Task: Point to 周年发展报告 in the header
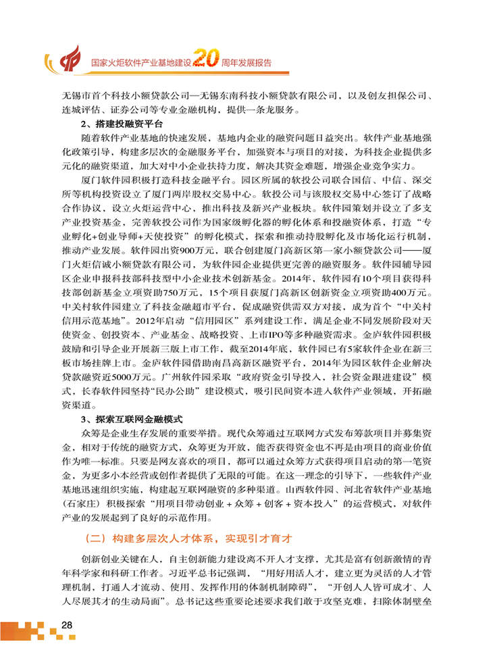246,62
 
